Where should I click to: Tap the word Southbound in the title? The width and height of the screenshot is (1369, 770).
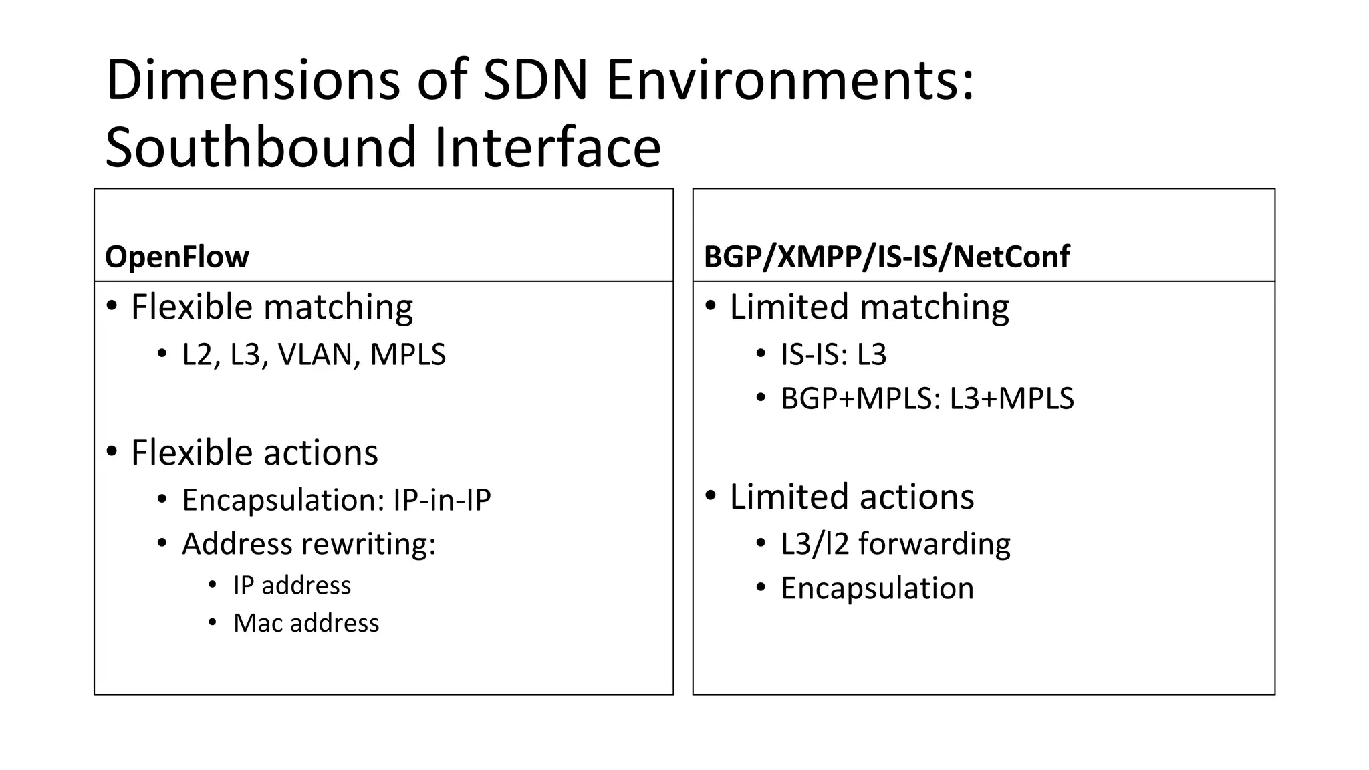261,147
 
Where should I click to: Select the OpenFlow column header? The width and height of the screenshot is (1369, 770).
177,257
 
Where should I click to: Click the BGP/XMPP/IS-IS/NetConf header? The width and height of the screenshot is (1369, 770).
886,257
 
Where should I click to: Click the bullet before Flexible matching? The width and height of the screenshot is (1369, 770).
112,307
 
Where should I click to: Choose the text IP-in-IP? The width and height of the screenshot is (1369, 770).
442,500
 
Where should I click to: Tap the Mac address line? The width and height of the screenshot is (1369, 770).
306,623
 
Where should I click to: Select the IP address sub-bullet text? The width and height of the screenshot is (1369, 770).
292,586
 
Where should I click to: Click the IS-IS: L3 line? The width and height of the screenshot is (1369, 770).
834,354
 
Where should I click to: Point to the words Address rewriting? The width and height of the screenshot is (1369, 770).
309,544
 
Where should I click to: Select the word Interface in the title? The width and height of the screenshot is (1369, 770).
547,147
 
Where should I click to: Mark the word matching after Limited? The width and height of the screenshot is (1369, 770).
934,307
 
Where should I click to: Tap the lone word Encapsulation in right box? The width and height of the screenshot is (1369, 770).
877,588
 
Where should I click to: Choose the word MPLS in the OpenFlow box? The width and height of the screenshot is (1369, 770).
408,354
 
